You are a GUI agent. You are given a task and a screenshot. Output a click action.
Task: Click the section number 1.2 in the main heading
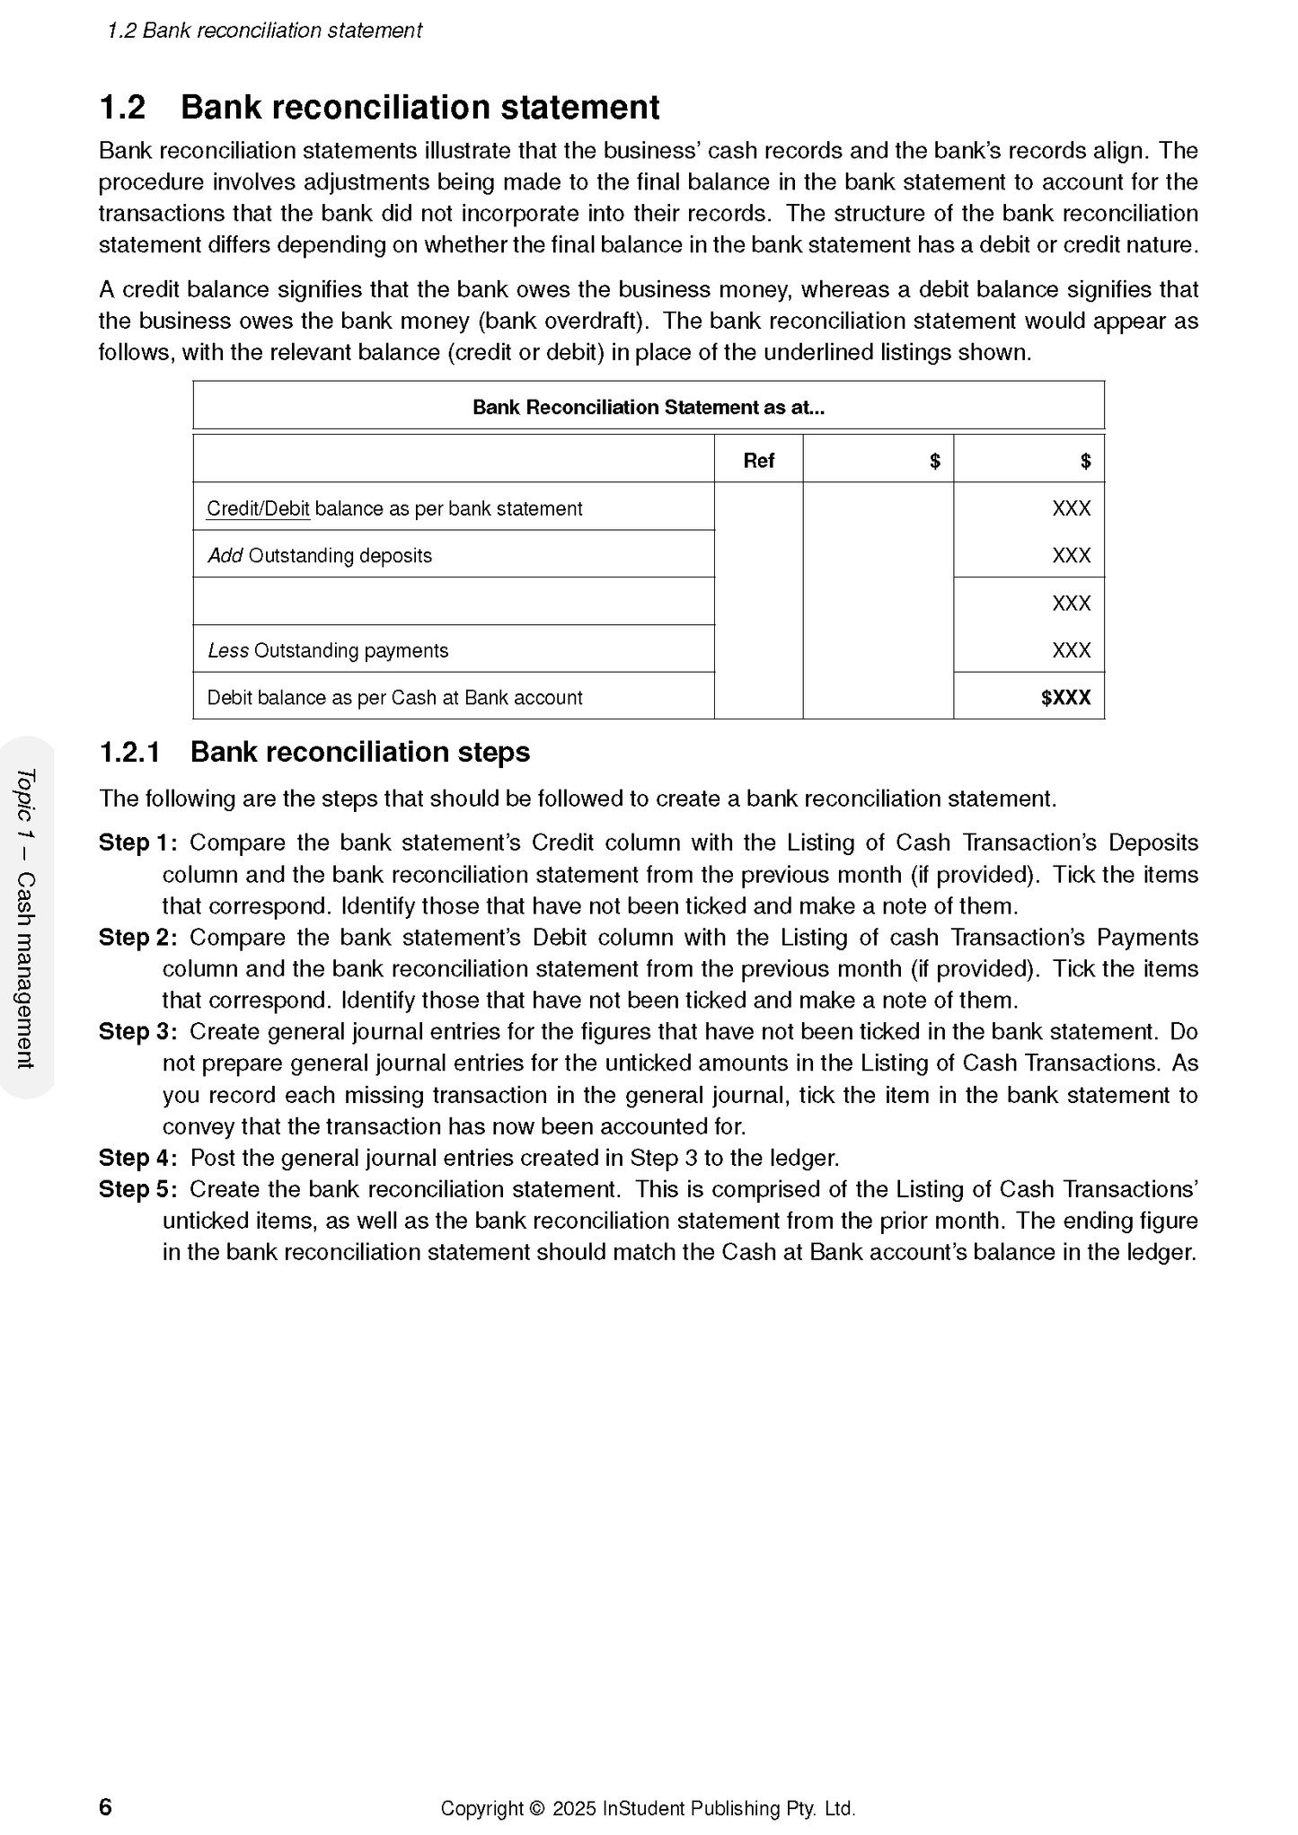[x=122, y=108]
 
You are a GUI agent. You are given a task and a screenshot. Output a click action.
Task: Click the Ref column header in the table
[x=758, y=461]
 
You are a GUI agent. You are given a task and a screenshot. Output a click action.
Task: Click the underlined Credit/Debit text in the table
[x=258, y=508]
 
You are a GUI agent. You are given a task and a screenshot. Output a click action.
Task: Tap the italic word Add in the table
[x=225, y=556]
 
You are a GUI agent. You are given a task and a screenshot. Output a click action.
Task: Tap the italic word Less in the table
[x=227, y=650]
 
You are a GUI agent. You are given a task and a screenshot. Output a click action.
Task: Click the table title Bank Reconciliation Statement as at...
[x=648, y=407]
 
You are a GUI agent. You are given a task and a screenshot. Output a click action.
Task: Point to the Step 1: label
[x=137, y=843]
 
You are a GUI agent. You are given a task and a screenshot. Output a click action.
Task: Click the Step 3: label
[x=137, y=1031]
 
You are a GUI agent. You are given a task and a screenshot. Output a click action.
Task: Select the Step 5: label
[x=137, y=1189]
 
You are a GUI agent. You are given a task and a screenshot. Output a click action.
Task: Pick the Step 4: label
[x=137, y=1158]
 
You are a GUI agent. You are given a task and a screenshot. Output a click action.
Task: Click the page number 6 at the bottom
[x=105, y=1806]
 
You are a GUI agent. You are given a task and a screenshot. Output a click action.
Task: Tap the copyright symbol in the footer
[x=537, y=1808]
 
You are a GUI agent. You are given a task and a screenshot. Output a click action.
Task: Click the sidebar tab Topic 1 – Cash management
[x=26, y=918]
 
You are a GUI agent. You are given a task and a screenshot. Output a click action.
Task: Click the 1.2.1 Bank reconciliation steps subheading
[x=314, y=752]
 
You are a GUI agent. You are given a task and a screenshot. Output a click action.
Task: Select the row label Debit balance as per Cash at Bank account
[x=394, y=698]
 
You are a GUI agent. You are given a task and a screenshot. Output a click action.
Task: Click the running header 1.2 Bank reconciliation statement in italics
[x=264, y=31]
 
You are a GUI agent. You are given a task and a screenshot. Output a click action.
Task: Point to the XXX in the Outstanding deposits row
[x=1071, y=556]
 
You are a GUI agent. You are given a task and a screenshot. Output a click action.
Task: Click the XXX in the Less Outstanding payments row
[x=1071, y=650]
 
